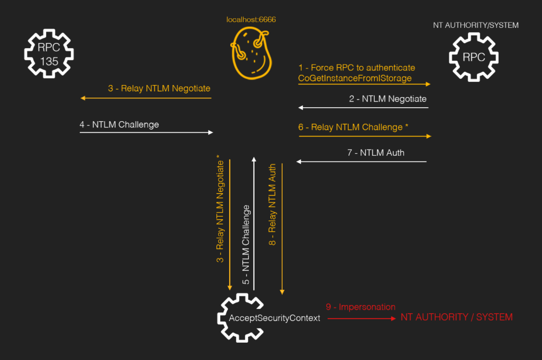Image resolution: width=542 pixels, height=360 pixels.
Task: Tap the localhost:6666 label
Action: pyautogui.click(x=251, y=20)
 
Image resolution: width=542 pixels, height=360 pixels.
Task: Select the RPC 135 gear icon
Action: pyautogui.click(x=49, y=54)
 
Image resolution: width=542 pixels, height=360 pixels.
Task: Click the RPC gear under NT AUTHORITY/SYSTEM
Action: pyautogui.click(x=474, y=57)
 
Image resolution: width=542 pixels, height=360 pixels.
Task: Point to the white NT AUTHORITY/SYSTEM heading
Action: pyautogui.click(x=476, y=25)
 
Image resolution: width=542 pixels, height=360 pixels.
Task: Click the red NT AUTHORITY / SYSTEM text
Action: pyautogui.click(x=456, y=317)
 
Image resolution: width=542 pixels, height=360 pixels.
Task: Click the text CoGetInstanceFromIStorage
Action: pyautogui.click(x=355, y=78)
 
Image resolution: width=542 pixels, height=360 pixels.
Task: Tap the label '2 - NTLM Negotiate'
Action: pyautogui.click(x=388, y=99)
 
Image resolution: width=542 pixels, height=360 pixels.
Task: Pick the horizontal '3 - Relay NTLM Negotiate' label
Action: pyautogui.click(x=159, y=88)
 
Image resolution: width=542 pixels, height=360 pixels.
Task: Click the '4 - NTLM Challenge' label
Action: pyautogui.click(x=119, y=124)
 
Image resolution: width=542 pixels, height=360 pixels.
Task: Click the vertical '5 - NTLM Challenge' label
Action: pyautogui.click(x=246, y=245)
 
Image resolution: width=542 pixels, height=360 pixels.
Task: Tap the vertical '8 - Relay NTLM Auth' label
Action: pyautogui.click(x=272, y=205)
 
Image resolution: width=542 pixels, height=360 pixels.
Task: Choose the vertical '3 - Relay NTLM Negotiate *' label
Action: pyautogui.click(x=220, y=209)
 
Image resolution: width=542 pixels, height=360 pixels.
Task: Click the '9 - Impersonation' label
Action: pyautogui.click(x=360, y=307)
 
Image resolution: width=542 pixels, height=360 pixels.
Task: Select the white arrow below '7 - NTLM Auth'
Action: pyautogui.click(x=361, y=161)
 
